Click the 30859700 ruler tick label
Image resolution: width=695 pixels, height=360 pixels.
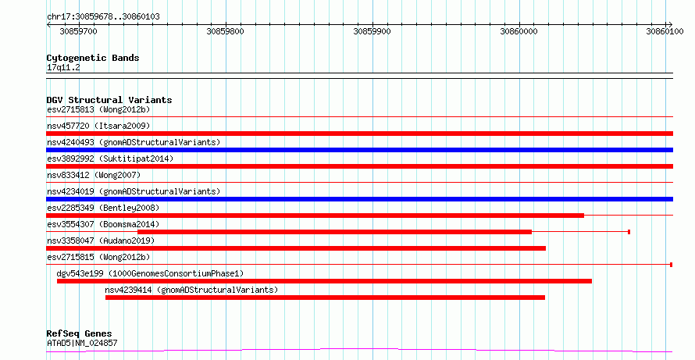78,31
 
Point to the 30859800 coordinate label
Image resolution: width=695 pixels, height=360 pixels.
225,31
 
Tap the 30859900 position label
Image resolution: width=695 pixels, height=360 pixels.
372,31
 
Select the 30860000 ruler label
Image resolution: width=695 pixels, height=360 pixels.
519,31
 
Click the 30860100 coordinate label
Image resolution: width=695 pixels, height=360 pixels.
665,31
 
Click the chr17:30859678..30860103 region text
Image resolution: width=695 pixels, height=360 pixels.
103,17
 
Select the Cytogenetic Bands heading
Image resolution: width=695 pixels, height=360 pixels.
93,58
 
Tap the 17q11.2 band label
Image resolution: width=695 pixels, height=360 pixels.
63,68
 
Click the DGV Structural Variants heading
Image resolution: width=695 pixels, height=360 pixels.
109,100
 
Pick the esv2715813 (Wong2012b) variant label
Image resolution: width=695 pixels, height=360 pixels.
98,109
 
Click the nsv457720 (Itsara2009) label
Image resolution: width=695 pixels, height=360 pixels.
98,126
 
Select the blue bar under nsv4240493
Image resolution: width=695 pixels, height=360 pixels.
360,150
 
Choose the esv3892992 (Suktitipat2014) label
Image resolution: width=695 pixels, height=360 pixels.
110,159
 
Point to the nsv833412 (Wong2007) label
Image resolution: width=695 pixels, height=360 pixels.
94,175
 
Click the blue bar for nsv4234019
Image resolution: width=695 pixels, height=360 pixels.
360,199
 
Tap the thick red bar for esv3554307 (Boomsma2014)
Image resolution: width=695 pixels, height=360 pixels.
335,232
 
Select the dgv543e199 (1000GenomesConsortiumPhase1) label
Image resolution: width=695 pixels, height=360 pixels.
150,273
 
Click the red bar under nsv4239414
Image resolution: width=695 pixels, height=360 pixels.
325,298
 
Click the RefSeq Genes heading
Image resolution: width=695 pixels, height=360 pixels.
79,333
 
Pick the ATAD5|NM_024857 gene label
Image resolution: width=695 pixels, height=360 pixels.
82,343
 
